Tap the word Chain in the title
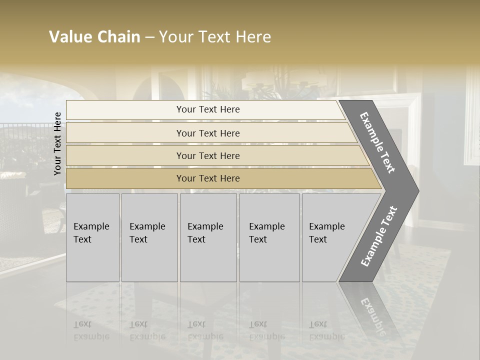119,37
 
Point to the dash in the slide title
149,37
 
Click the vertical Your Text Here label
57,143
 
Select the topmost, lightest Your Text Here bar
207,109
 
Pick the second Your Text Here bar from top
207,133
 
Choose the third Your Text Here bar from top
207,155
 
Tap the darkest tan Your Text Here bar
207,178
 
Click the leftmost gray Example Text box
92,237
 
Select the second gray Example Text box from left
149,237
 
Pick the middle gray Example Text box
208,237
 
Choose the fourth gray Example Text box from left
269,237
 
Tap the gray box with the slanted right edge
330,237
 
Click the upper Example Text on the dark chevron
377,142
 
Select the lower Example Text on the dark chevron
379,236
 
